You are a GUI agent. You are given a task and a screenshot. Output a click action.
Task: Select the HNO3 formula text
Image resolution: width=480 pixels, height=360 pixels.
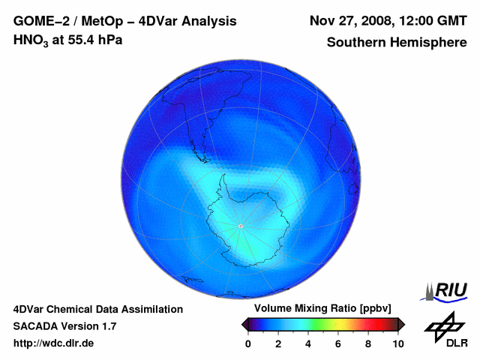pos(32,40)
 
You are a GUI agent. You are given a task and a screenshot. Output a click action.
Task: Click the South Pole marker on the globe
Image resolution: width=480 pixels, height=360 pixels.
pos(240,226)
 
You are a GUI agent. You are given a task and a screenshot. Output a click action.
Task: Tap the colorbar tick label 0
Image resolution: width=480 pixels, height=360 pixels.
pos(248,343)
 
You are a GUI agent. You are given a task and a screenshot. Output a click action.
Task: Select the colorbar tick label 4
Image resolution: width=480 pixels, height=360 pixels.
pos(308,343)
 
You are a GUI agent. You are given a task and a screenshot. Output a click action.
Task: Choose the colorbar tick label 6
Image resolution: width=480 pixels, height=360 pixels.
pos(338,343)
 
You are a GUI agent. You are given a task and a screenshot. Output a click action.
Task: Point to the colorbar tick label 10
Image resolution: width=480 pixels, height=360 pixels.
pos(397,343)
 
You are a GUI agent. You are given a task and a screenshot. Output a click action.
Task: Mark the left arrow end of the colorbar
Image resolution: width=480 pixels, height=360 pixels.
pos(244,324)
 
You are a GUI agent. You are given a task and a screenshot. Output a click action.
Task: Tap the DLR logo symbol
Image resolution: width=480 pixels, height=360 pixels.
pos(442,325)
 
